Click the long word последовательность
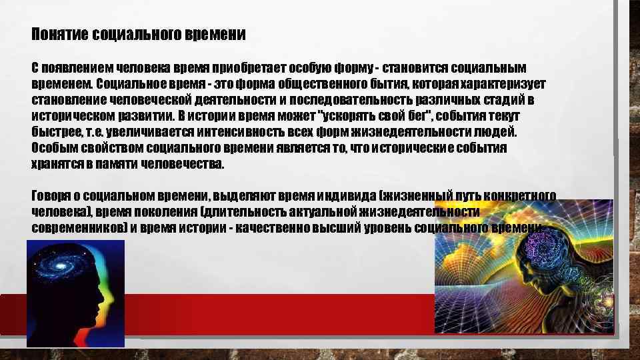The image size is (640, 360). pyautogui.click(x=350, y=100)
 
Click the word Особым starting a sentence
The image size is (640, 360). pyautogui.click(x=53, y=147)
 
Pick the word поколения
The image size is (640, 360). pyautogui.click(x=165, y=212)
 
